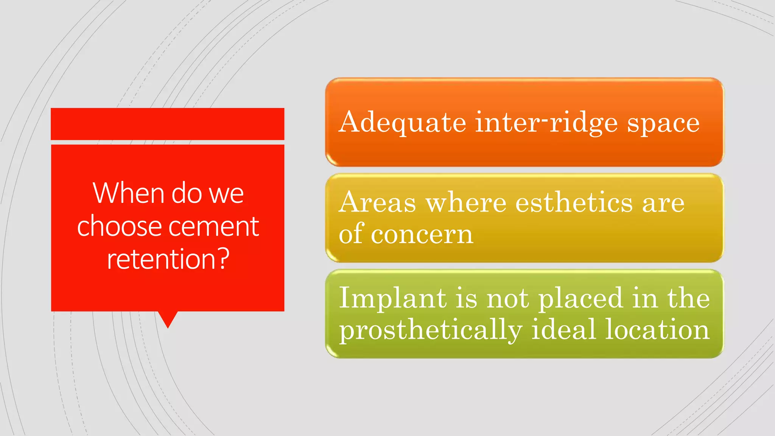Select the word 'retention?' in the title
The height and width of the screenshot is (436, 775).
coord(168,259)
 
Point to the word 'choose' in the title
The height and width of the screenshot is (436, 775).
coord(119,226)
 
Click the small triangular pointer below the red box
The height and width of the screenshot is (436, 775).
coord(168,319)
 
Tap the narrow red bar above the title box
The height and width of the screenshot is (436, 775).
coord(167,124)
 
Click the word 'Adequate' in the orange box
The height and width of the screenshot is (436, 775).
coord(402,123)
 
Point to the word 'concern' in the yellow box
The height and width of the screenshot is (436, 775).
coord(422,234)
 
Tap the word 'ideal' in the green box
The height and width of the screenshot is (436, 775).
coord(563,329)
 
